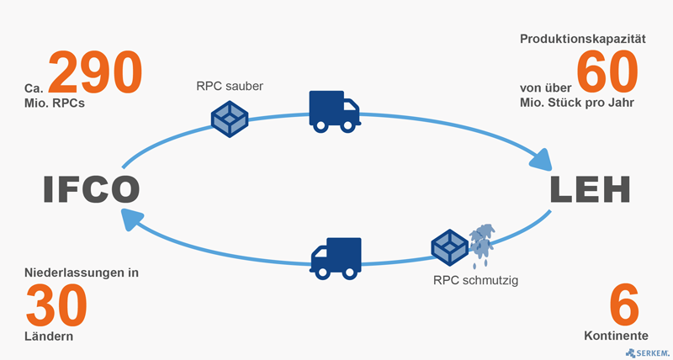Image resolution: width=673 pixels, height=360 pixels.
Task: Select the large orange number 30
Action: pos(56,304)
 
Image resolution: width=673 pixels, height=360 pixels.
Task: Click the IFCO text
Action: pos(91,190)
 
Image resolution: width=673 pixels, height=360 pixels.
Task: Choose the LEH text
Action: pos(591,190)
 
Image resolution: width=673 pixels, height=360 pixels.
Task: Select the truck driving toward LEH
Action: pos(332,111)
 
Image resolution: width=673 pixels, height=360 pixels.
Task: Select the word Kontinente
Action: pos(616,336)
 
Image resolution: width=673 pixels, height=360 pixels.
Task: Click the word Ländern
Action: pos(50,336)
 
